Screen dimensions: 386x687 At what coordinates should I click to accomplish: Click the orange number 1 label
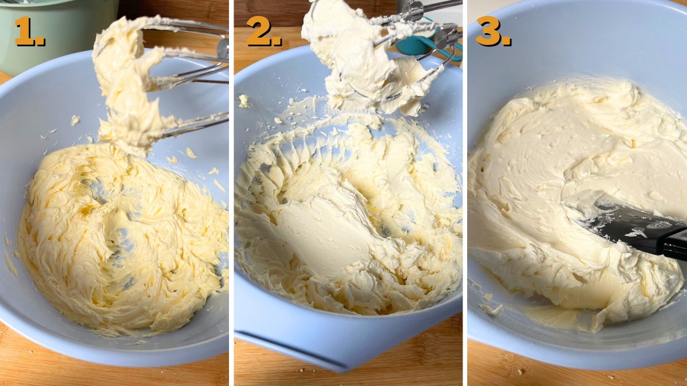[x=28, y=31]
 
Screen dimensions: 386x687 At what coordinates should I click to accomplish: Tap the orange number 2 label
[x=263, y=31]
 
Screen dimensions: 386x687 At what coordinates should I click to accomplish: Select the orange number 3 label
[x=492, y=31]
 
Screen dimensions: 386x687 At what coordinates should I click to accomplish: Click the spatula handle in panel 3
[x=676, y=243]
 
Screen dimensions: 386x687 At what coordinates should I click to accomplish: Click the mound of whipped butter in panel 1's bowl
[x=114, y=240]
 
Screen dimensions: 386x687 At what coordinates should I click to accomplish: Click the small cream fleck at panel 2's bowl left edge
[x=244, y=101]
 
